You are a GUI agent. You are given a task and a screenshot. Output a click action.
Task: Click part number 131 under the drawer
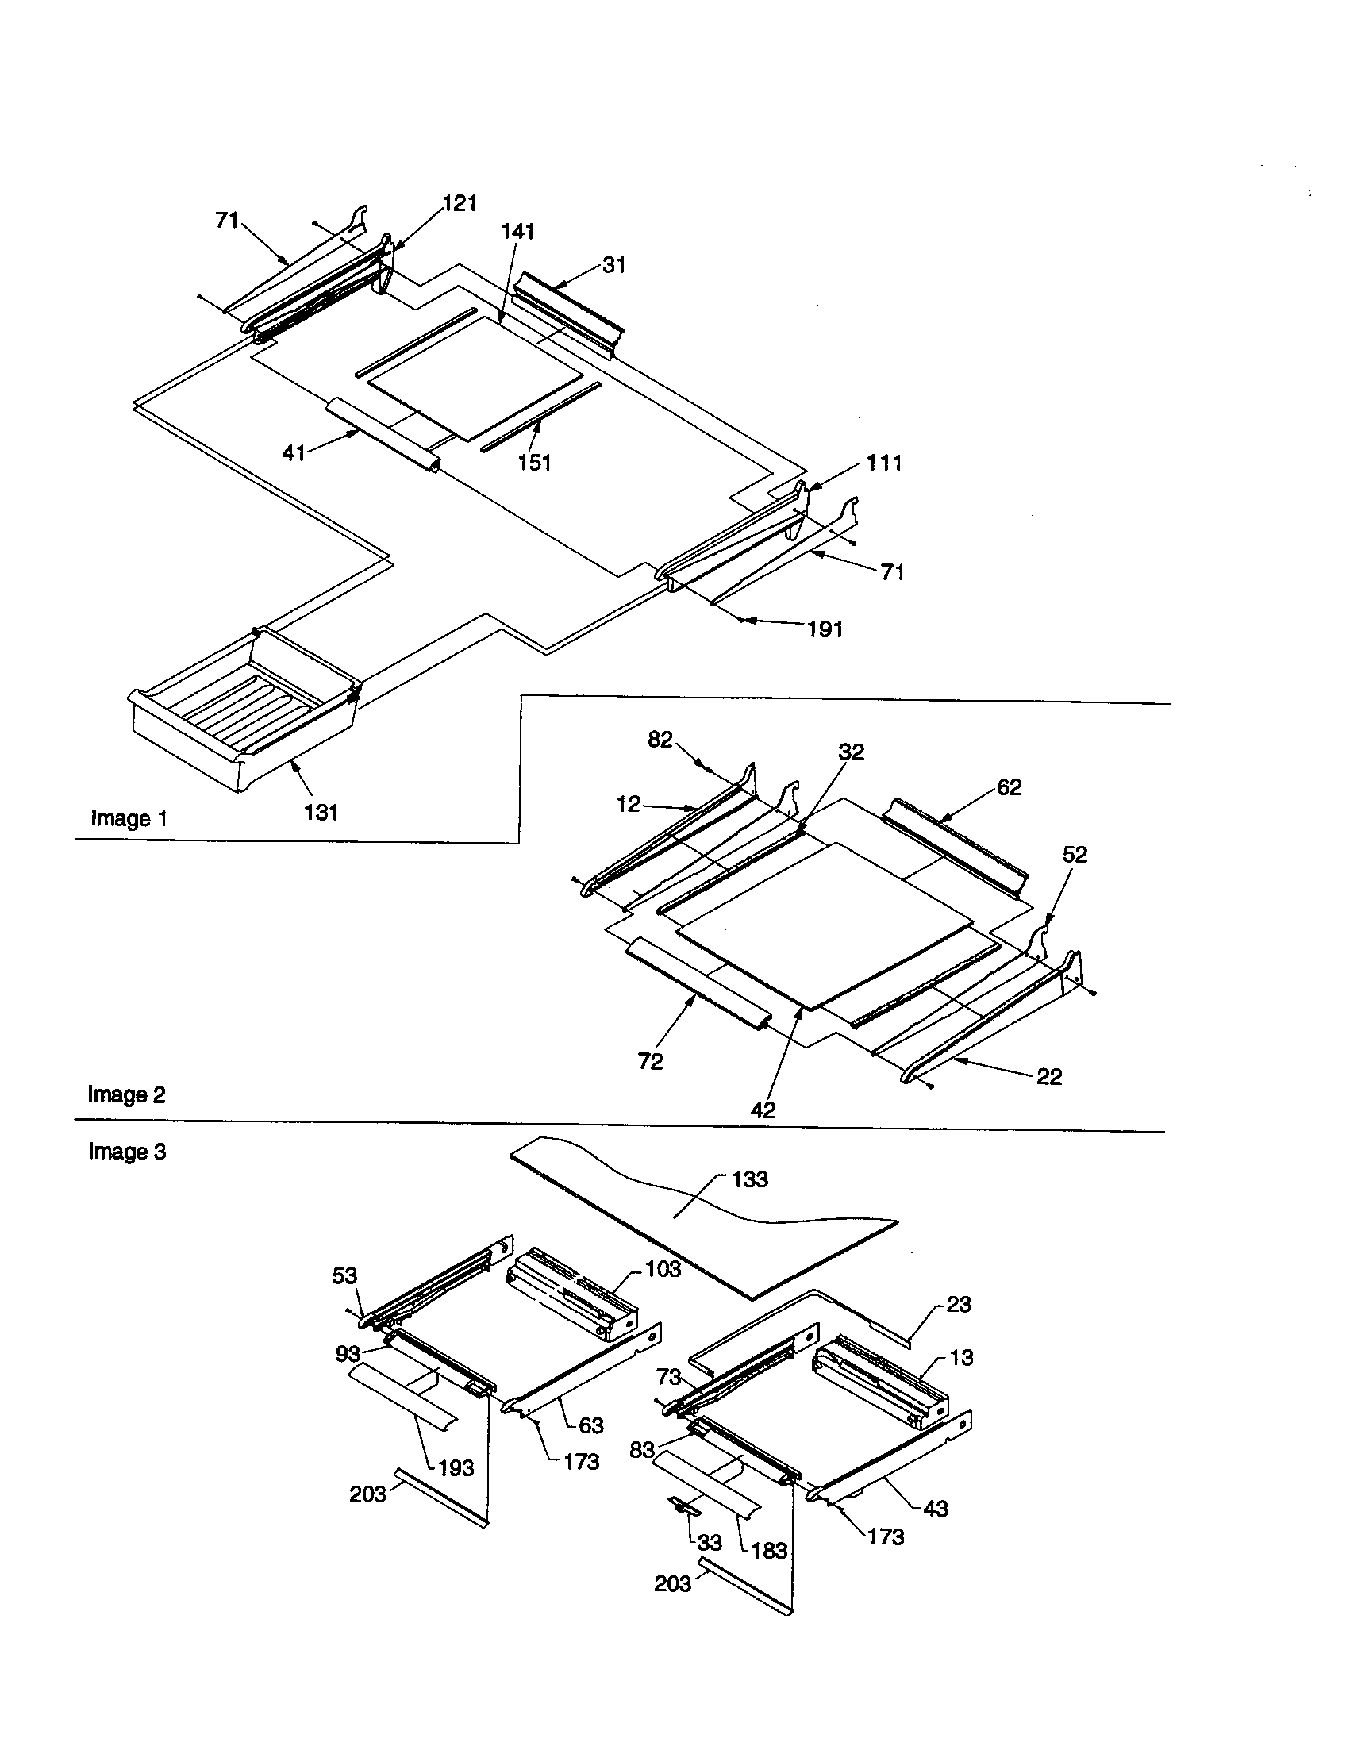point(321,812)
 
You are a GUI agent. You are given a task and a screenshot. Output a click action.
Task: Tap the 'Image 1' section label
point(129,819)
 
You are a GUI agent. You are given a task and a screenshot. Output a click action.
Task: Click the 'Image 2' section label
point(126,1094)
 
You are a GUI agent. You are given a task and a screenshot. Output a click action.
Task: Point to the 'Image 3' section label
point(127,1152)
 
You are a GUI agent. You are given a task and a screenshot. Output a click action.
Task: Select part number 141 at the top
point(518,232)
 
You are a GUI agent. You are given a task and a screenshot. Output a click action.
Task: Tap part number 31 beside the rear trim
point(613,265)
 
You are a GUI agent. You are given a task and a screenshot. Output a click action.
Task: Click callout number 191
point(825,629)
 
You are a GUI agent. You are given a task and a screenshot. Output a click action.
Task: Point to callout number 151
point(534,462)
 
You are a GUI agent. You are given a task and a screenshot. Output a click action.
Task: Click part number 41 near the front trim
point(294,452)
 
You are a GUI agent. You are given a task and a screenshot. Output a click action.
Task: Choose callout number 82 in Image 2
point(660,740)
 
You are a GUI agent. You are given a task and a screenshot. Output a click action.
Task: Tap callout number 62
point(1009,787)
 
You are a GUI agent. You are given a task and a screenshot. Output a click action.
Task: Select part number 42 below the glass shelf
point(763,1110)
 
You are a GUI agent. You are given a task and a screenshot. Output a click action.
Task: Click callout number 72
point(650,1062)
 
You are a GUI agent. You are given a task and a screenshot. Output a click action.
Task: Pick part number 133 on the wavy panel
point(749,1179)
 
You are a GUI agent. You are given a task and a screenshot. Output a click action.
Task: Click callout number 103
point(663,1269)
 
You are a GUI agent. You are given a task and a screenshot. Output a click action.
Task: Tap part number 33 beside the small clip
point(709,1542)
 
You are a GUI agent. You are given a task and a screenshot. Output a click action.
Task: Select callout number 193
point(456,1467)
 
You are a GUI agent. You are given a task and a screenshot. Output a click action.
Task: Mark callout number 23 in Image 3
point(959,1304)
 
